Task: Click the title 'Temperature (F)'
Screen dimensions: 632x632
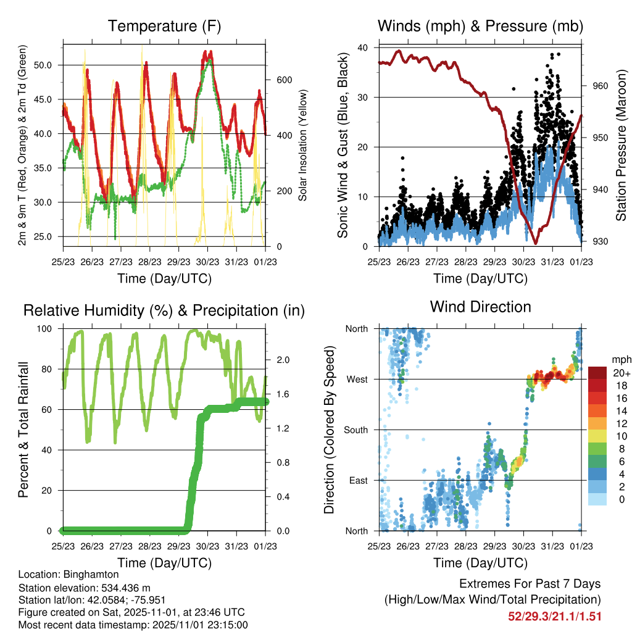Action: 164,26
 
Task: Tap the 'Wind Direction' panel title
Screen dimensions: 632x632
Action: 480,306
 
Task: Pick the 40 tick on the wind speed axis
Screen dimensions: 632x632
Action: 363,48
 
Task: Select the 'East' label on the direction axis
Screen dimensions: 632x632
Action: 357,480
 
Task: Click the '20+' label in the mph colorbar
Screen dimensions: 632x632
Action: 620,373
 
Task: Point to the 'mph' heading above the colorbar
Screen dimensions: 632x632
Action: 620,359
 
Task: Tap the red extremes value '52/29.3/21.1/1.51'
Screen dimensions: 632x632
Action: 555,616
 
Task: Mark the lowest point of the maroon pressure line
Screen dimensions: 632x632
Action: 535,244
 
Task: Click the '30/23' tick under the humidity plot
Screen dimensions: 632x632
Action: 207,546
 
